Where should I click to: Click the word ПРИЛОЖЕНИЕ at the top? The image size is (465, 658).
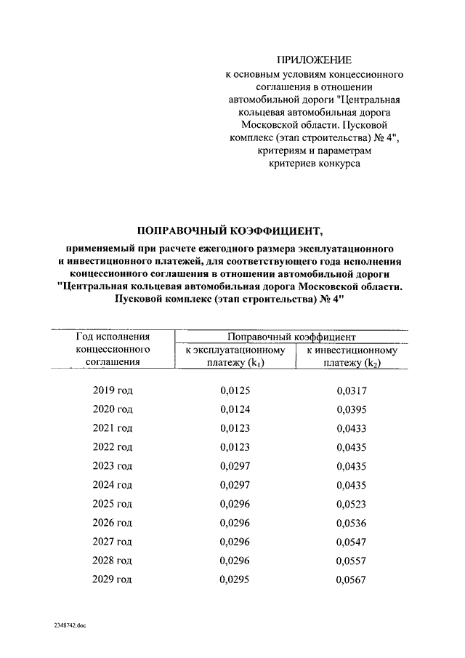coord(315,60)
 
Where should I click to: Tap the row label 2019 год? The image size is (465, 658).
coord(113,390)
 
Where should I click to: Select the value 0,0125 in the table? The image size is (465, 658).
coord(235,390)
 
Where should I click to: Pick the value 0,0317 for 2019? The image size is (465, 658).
coord(352,390)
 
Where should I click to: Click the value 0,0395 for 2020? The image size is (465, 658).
coord(352,409)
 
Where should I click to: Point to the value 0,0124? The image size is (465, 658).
coord(235,409)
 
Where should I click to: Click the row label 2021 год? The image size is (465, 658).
coord(113,428)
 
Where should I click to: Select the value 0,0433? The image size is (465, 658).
coord(352,428)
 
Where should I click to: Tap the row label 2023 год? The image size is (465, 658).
coord(113,466)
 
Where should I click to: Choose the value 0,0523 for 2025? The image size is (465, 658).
coord(352,504)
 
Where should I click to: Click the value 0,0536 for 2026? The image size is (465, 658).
coord(352,523)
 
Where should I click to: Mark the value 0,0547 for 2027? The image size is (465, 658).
coord(352,542)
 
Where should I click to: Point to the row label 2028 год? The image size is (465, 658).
coord(113,561)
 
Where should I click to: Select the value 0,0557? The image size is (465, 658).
coord(352,561)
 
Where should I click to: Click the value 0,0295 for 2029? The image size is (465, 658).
coord(235,579)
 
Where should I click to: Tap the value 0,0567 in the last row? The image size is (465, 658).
coord(352,580)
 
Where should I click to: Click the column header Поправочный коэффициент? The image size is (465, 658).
coord(291,337)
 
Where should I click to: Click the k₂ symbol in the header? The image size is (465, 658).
coord(373,364)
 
